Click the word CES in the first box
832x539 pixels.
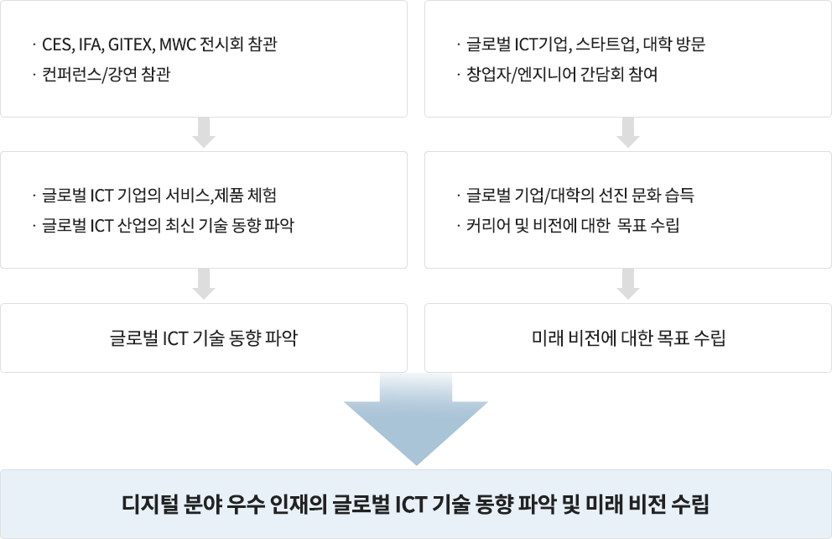(x=55, y=44)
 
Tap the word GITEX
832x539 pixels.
(x=131, y=44)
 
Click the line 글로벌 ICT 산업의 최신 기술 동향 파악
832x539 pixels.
(x=168, y=226)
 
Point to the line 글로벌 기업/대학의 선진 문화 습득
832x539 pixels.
(x=580, y=196)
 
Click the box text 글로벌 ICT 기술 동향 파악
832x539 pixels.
(x=204, y=338)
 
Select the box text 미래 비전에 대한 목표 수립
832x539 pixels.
(x=628, y=338)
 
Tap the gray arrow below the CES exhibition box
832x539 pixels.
(x=204, y=133)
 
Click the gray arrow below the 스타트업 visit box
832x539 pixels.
(x=628, y=133)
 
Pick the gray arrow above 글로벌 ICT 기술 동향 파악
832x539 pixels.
(x=204, y=285)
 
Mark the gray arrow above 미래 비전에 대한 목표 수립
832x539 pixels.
(x=628, y=285)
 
